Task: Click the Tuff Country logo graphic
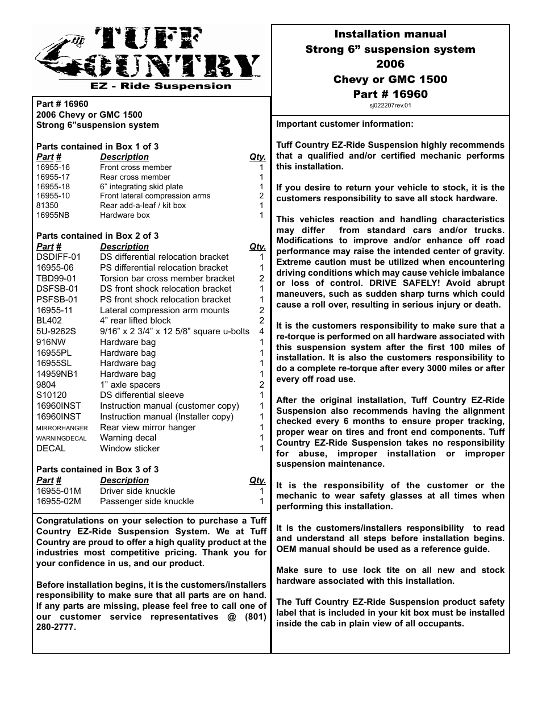click(x=148, y=55)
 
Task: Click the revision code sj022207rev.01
click(x=390, y=105)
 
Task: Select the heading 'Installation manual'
click(x=390, y=34)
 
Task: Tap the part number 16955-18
click(x=53, y=186)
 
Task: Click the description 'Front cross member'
click(x=136, y=167)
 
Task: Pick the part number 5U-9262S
click(x=56, y=331)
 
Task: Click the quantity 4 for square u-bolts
click(x=261, y=331)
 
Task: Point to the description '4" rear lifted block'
click(x=135, y=321)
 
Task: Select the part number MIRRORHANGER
click(x=62, y=428)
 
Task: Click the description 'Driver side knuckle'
click(x=137, y=491)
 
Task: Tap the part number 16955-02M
click(x=59, y=501)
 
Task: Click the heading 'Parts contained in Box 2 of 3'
click(x=97, y=236)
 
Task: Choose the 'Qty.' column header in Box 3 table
click(x=257, y=480)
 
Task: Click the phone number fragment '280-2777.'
click(x=56, y=627)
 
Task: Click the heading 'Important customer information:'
click(x=345, y=124)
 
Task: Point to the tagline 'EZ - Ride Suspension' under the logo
click(x=161, y=86)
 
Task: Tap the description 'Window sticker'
click(x=130, y=448)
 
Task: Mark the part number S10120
click(x=51, y=395)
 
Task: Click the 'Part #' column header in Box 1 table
click(x=49, y=157)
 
